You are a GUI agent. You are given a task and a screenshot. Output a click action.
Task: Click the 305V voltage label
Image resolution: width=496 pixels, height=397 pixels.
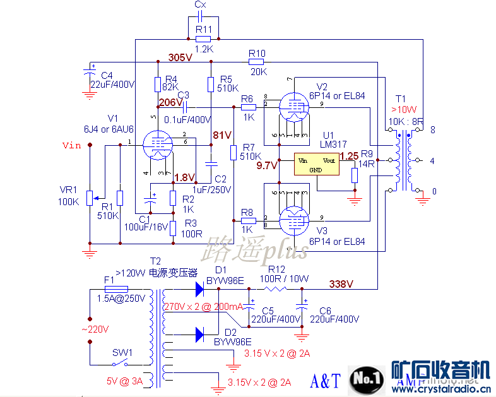tap(180, 57)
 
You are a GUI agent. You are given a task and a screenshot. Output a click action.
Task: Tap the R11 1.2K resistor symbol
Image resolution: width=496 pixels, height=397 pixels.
tap(203, 39)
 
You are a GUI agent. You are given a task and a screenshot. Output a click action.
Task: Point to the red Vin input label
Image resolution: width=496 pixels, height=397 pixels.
tap(72, 146)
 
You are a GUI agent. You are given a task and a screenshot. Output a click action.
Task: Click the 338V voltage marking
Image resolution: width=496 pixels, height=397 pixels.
tap(341, 284)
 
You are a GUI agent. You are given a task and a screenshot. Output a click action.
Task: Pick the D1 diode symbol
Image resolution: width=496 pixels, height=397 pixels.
tap(200, 289)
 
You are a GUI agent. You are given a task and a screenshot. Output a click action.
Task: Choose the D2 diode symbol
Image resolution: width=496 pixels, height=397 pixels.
tap(200, 333)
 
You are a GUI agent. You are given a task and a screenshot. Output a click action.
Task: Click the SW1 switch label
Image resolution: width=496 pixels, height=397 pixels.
tap(122, 352)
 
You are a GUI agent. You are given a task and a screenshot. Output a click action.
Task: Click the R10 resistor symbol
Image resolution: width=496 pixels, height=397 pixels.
tap(256, 62)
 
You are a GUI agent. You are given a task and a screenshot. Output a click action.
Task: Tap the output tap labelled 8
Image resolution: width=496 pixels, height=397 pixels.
tap(433, 130)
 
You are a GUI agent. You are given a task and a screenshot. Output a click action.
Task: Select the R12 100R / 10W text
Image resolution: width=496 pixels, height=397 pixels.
tap(285, 278)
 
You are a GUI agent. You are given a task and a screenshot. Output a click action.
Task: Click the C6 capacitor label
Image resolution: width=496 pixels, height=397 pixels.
tap(326, 311)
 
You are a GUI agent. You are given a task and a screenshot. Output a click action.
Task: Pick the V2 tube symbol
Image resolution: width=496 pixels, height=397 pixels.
tap(292, 107)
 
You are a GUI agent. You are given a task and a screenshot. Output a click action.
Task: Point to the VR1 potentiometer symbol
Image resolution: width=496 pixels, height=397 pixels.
tap(90, 197)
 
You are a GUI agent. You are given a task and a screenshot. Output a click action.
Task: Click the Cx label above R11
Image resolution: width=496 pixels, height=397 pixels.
tap(199, 5)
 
